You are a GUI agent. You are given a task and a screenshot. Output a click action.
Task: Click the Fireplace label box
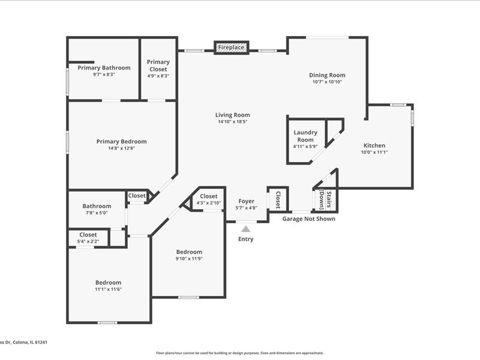pyautogui.click(x=232, y=47)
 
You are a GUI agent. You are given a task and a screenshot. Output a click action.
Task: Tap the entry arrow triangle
pyautogui.click(x=245, y=229)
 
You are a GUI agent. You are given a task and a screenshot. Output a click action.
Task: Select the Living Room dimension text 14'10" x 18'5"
pyautogui.click(x=233, y=122)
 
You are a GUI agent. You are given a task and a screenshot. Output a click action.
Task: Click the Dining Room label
pyautogui.click(x=327, y=75)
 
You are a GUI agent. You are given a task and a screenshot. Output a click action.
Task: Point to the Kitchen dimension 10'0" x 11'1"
pyautogui.click(x=374, y=152)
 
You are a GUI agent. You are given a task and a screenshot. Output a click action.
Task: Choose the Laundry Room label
pyautogui.click(x=305, y=136)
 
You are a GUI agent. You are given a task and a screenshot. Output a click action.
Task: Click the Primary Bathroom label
pyautogui.click(x=104, y=68)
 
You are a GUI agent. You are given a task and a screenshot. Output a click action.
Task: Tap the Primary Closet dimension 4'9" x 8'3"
pyautogui.click(x=158, y=76)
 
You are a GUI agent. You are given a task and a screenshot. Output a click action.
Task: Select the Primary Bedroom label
pyautogui.click(x=122, y=142)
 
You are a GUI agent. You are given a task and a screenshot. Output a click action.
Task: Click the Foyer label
pyautogui.click(x=247, y=201)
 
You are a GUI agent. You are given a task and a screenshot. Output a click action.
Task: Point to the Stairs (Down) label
pyautogui.click(x=325, y=199)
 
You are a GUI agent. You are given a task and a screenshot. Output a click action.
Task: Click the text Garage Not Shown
pyautogui.click(x=308, y=219)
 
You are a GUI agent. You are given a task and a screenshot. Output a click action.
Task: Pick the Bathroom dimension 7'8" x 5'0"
pyautogui.click(x=97, y=213)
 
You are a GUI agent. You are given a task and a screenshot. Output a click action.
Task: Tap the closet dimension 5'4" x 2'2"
pyautogui.click(x=88, y=242)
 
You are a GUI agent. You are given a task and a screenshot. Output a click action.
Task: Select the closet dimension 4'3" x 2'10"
pyautogui.click(x=208, y=203)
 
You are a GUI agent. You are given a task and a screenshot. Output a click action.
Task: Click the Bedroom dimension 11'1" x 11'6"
pyautogui.click(x=109, y=289)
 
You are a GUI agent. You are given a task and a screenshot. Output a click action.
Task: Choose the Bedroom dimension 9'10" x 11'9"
pyautogui.click(x=189, y=259)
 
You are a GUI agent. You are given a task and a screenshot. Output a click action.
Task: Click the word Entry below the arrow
pyautogui.click(x=246, y=239)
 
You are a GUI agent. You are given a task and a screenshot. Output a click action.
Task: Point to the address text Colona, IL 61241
pyautogui.click(x=29, y=342)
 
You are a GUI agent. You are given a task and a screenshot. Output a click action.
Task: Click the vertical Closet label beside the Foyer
pyautogui.click(x=278, y=200)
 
